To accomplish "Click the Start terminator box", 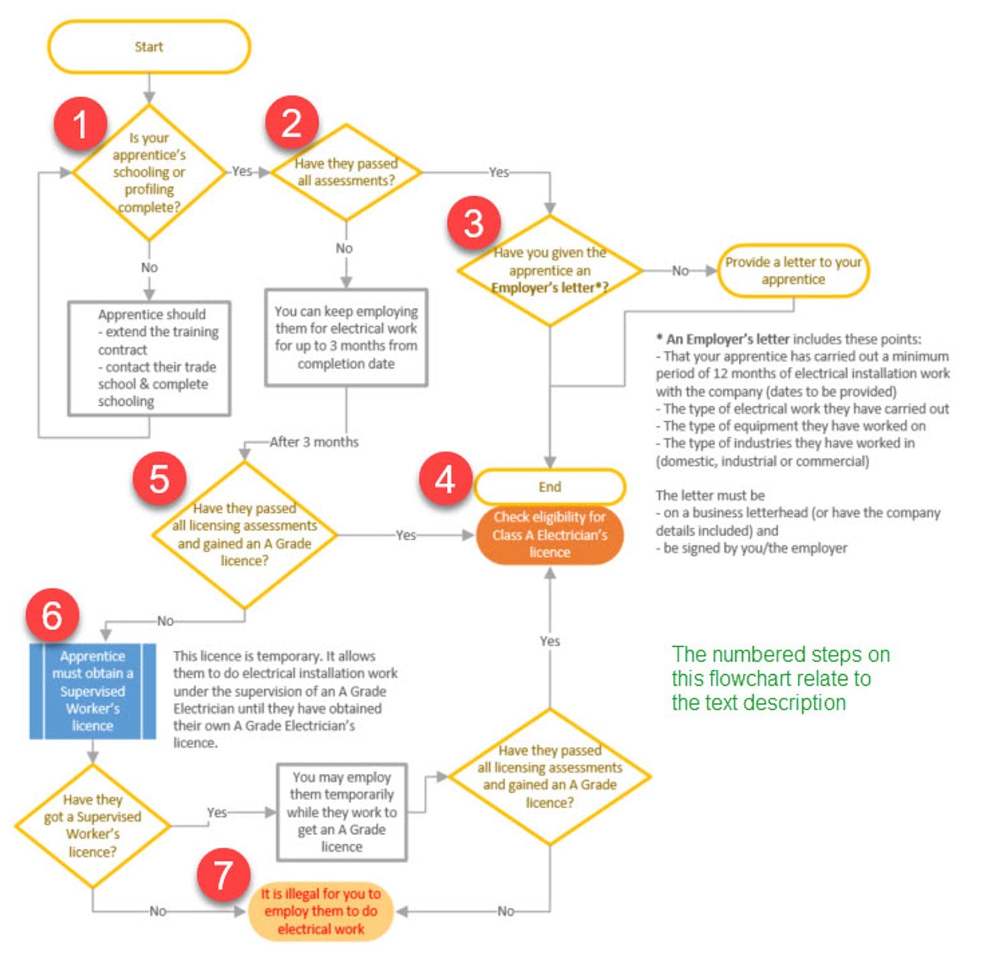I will [149, 47].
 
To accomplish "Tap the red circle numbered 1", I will [80, 123].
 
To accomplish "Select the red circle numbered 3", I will [473, 223].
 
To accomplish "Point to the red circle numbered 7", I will [223, 875].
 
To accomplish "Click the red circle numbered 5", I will [159, 479].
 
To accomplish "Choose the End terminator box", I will [549, 487].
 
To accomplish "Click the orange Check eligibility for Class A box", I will [549, 535].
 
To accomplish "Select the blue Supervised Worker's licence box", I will [93, 691].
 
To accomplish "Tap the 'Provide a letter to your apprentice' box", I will [793, 271].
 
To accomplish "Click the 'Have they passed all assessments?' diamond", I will [346, 173].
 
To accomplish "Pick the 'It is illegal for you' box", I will [321, 911].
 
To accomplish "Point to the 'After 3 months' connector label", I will [314, 442].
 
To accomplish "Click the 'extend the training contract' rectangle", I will [149, 358].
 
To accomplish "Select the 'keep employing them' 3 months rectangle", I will [346, 337].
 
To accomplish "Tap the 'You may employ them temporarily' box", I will [342, 812].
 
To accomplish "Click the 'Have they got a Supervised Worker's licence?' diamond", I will [93, 826].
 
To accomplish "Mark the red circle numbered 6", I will [52, 615].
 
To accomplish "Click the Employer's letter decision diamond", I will [549, 271].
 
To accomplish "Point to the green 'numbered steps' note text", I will [780, 679].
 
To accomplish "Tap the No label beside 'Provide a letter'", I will [680, 271].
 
